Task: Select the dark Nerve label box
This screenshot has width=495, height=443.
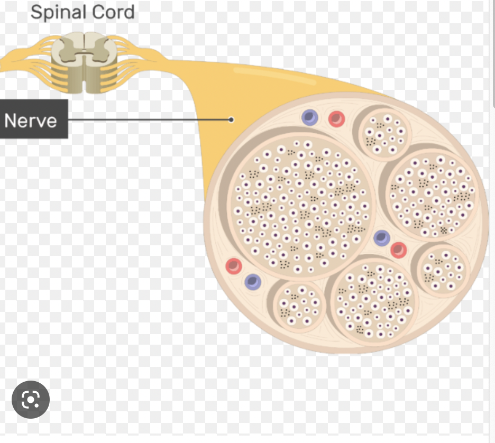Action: (34, 120)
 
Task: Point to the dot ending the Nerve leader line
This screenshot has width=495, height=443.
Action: (231, 120)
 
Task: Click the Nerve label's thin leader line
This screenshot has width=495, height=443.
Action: (148, 120)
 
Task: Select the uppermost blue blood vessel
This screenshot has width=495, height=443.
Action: (309, 117)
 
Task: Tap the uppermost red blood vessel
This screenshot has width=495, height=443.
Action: (336, 118)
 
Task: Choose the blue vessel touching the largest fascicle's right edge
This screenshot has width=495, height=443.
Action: (381, 238)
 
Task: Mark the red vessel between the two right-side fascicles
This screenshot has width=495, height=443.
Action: (398, 250)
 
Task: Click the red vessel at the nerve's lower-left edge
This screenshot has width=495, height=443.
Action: (233, 266)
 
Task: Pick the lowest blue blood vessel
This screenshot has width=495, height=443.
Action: (253, 281)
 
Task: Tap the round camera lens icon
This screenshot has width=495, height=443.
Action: (30, 400)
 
